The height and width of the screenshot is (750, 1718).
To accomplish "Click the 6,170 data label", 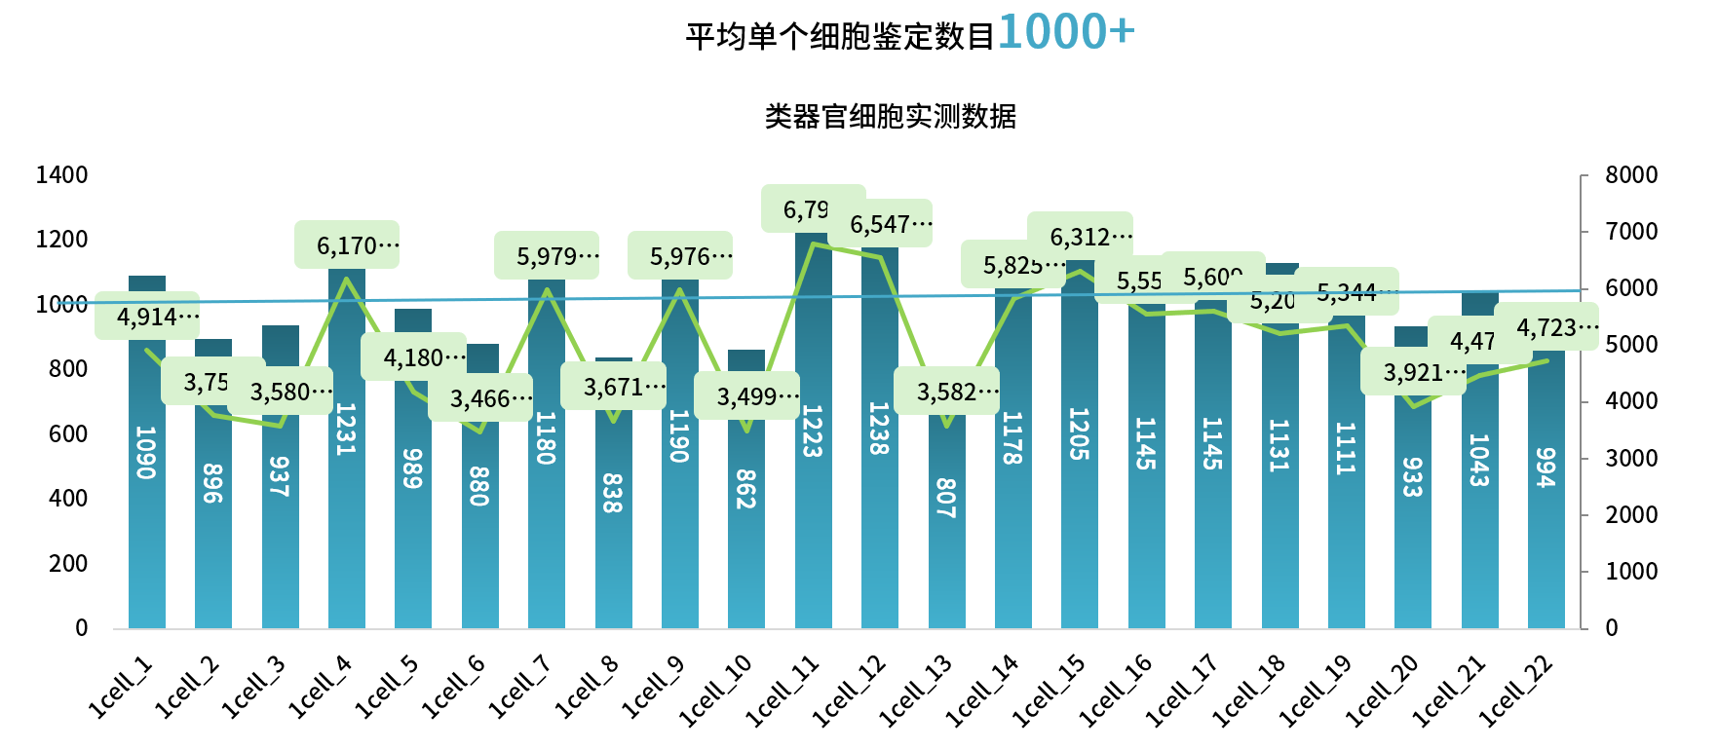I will (x=347, y=245).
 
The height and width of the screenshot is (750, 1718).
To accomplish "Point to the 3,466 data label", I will (x=480, y=398).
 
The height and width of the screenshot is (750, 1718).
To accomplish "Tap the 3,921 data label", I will (x=1413, y=372).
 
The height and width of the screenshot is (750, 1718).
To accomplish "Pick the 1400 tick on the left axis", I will (x=61, y=175).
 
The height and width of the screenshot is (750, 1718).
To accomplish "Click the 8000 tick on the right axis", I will (x=1631, y=175).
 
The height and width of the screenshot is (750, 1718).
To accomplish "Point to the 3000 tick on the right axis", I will (x=1631, y=458).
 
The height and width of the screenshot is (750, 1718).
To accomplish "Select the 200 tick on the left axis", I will (x=68, y=563).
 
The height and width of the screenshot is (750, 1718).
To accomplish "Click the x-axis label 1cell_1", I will (x=121, y=688).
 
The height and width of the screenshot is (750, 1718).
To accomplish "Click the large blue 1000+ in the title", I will (x=1066, y=31).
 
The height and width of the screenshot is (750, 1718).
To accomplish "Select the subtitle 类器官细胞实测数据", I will (x=890, y=117).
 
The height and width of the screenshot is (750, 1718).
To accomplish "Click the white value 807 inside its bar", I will (x=945, y=498).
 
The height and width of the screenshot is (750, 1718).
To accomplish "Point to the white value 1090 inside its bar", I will (x=146, y=452).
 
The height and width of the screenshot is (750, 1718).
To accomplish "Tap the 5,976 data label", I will (x=680, y=256).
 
